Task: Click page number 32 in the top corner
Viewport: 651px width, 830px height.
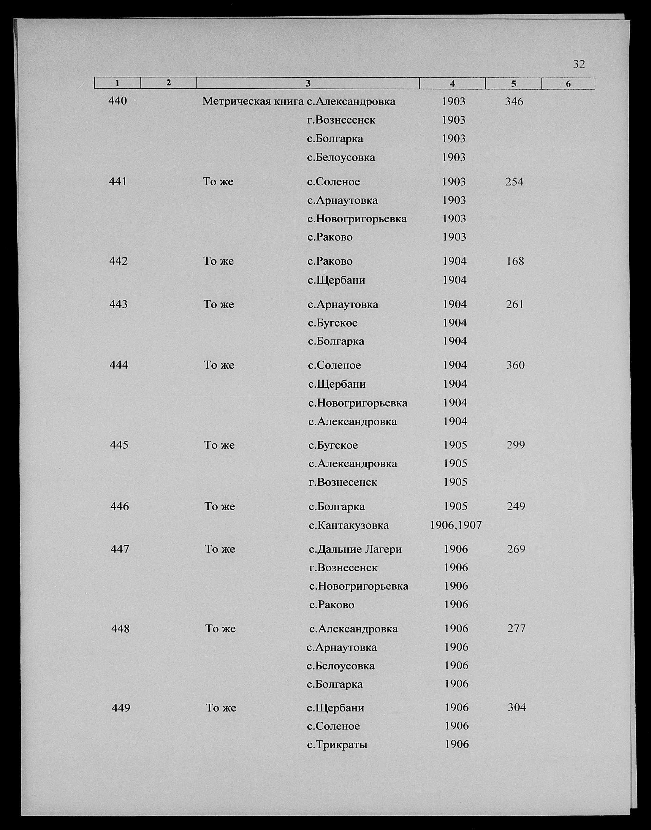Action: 579,64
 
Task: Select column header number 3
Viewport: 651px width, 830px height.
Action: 308,83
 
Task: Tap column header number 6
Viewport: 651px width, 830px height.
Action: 568,84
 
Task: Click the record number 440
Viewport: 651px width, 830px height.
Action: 117,101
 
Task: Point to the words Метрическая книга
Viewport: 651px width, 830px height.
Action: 253,102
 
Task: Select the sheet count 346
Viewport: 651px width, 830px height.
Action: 514,102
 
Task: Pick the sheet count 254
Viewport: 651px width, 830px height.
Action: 515,182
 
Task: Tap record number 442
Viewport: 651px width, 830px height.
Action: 118,261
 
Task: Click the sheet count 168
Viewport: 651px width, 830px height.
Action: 515,261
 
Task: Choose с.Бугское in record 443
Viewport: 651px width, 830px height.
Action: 333,323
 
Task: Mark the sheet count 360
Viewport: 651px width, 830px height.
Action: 515,365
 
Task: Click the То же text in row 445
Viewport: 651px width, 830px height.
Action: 219,445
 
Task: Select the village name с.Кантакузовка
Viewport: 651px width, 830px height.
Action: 348,525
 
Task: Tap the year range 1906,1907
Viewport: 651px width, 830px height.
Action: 456,525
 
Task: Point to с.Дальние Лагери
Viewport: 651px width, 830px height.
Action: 355,549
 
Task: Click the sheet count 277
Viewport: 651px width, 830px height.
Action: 516,629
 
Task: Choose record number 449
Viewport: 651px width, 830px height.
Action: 121,708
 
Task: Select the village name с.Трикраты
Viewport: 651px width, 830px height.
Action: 337,744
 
